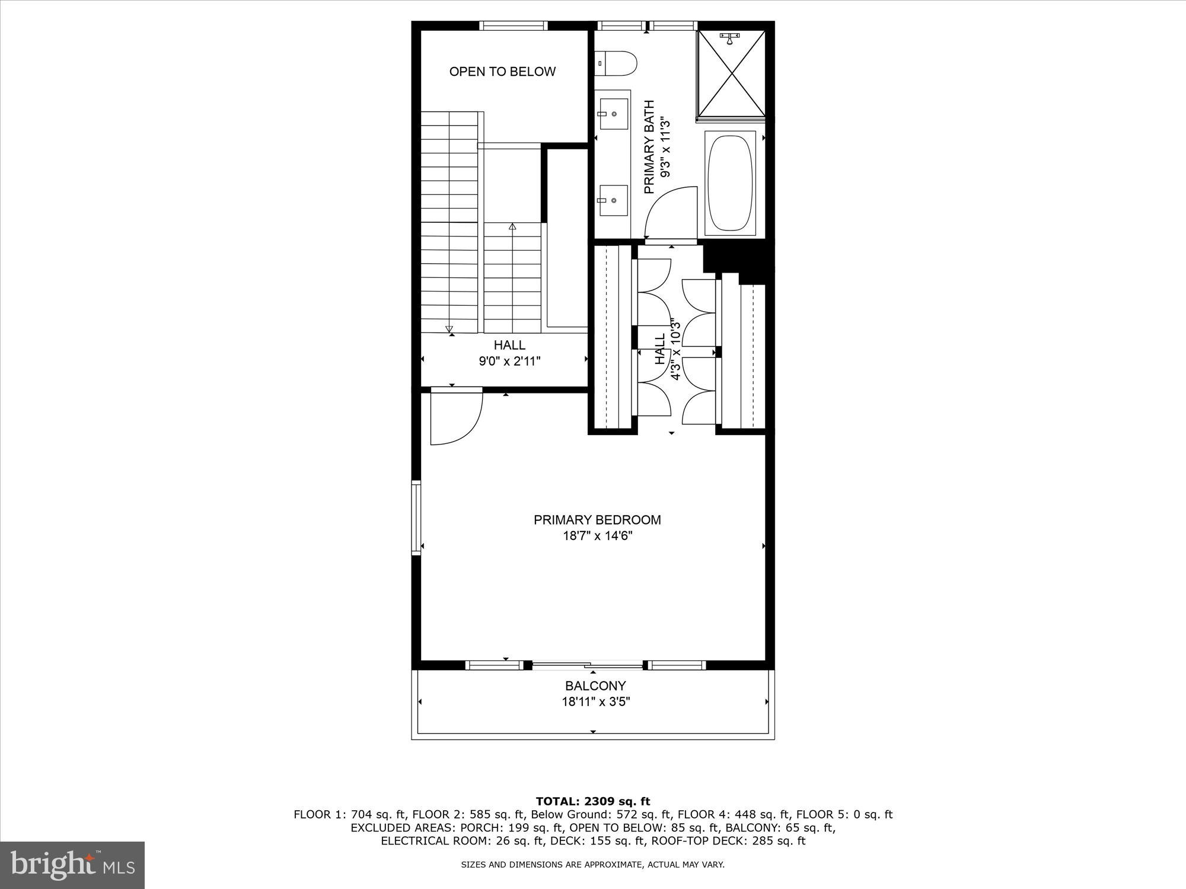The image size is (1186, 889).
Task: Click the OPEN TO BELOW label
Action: click(x=502, y=72)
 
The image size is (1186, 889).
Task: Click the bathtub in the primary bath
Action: click(x=731, y=183)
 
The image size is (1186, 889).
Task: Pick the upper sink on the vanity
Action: click(x=613, y=114)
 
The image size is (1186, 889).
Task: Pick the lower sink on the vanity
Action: click(x=613, y=200)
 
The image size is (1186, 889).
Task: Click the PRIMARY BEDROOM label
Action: click(x=597, y=520)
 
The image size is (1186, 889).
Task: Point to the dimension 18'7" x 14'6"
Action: click(x=597, y=536)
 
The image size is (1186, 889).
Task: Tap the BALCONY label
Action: click(x=595, y=686)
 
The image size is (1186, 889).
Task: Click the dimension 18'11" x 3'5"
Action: click(x=595, y=702)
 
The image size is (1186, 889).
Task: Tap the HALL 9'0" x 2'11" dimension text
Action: click(x=510, y=361)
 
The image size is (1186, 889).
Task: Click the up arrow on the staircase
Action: click(x=512, y=226)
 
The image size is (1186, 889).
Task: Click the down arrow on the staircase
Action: click(x=449, y=329)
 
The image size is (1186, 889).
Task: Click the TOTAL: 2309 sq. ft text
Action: click(x=593, y=801)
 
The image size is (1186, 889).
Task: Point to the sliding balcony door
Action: click(x=587, y=664)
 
